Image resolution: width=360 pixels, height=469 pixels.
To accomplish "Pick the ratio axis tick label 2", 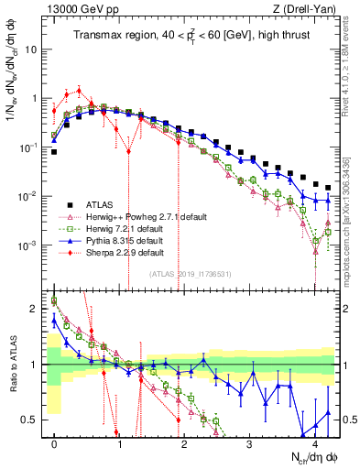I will click(x=36, y=309).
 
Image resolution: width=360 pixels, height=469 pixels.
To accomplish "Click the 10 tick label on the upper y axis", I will click(x=33, y=49).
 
